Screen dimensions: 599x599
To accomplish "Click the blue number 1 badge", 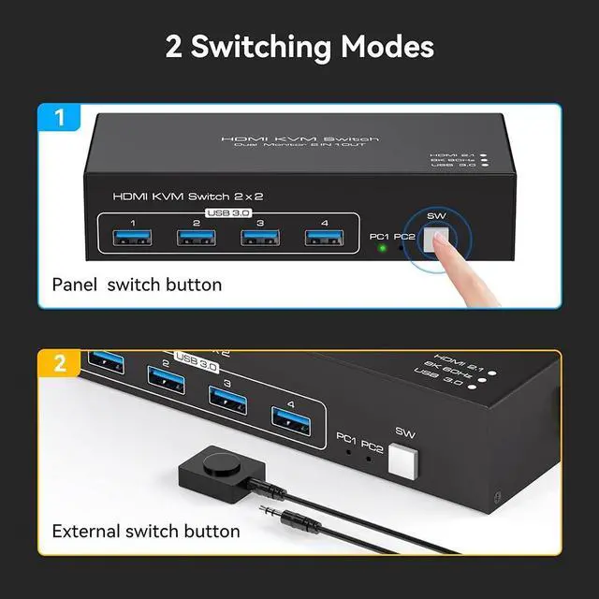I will (x=60, y=120).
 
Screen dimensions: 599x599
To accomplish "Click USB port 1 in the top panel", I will (x=134, y=238).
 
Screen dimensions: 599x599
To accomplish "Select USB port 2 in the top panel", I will (x=197, y=238).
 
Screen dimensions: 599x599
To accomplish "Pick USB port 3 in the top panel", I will (x=258, y=238).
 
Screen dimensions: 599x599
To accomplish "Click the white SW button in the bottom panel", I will (x=403, y=460).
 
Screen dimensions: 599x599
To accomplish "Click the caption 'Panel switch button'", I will (x=137, y=285).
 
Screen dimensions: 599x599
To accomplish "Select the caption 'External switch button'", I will (x=146, y=532).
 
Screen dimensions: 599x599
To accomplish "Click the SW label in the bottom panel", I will (x=404, y=432).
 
